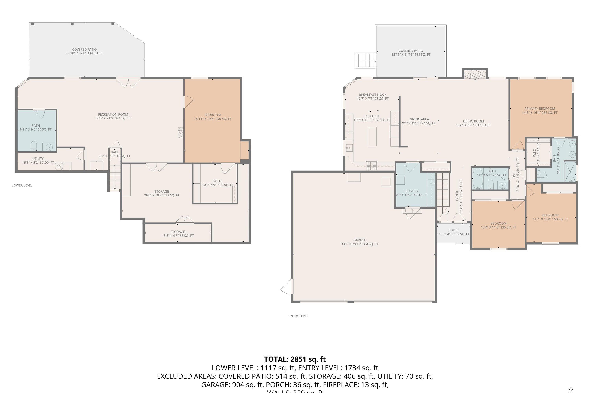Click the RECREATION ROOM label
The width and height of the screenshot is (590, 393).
[113, 115]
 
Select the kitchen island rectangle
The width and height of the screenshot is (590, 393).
[372, 137]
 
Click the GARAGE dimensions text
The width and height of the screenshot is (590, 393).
[360, 244]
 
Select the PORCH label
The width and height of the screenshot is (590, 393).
[454, 230]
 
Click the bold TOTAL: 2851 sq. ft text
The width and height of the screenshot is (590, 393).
[295, 359]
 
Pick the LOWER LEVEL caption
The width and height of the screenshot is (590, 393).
[22, 185]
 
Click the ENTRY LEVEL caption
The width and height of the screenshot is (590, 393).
[298, 316]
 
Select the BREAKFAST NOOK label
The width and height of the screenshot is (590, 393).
[372, 95]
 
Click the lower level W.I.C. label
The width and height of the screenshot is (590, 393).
[218, 181]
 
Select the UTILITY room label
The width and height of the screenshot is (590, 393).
[38, 159]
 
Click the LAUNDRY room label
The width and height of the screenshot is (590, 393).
[411, 191]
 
